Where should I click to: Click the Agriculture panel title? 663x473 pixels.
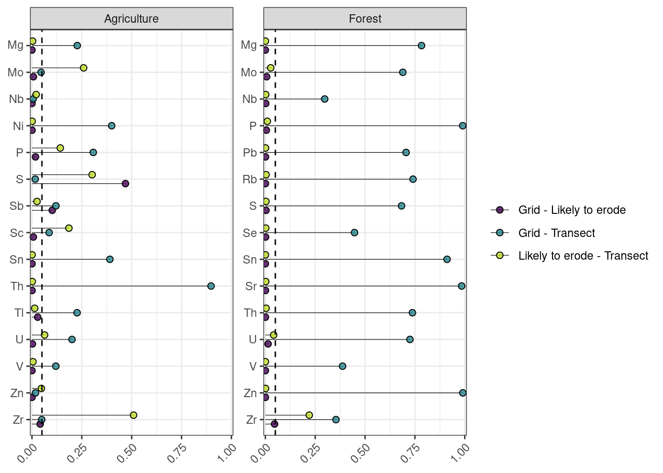(x=131, y=19)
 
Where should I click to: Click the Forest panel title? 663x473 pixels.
(x=365, y=19)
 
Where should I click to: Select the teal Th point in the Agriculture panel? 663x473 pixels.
(x=211, y=286)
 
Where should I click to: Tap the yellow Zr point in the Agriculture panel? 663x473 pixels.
(x=133, y=415)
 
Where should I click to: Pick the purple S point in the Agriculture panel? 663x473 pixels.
(x=125, y=184)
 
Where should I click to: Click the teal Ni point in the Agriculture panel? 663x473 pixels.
(x=111, y=126)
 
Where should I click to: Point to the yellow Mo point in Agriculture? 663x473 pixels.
(x=83, y=68)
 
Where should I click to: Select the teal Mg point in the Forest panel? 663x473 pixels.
(x=421, y=46)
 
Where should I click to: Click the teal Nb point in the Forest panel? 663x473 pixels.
(x=325, y=99)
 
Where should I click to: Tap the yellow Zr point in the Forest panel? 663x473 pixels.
(x=309, y=415)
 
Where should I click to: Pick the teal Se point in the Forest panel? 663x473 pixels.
(x=354, y=233)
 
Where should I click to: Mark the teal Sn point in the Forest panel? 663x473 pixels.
(x=447, y=259)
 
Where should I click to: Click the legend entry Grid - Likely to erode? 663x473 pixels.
(x=572, y=210)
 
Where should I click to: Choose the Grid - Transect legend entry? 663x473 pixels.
(x=556, y=233)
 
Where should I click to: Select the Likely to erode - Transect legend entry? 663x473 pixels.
(x=583, y=256)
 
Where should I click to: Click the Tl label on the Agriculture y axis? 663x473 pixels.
(x=19, y=313)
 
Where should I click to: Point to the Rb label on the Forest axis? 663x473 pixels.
(x=250, y=179)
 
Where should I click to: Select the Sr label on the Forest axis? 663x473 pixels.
(x=251, y=286)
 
